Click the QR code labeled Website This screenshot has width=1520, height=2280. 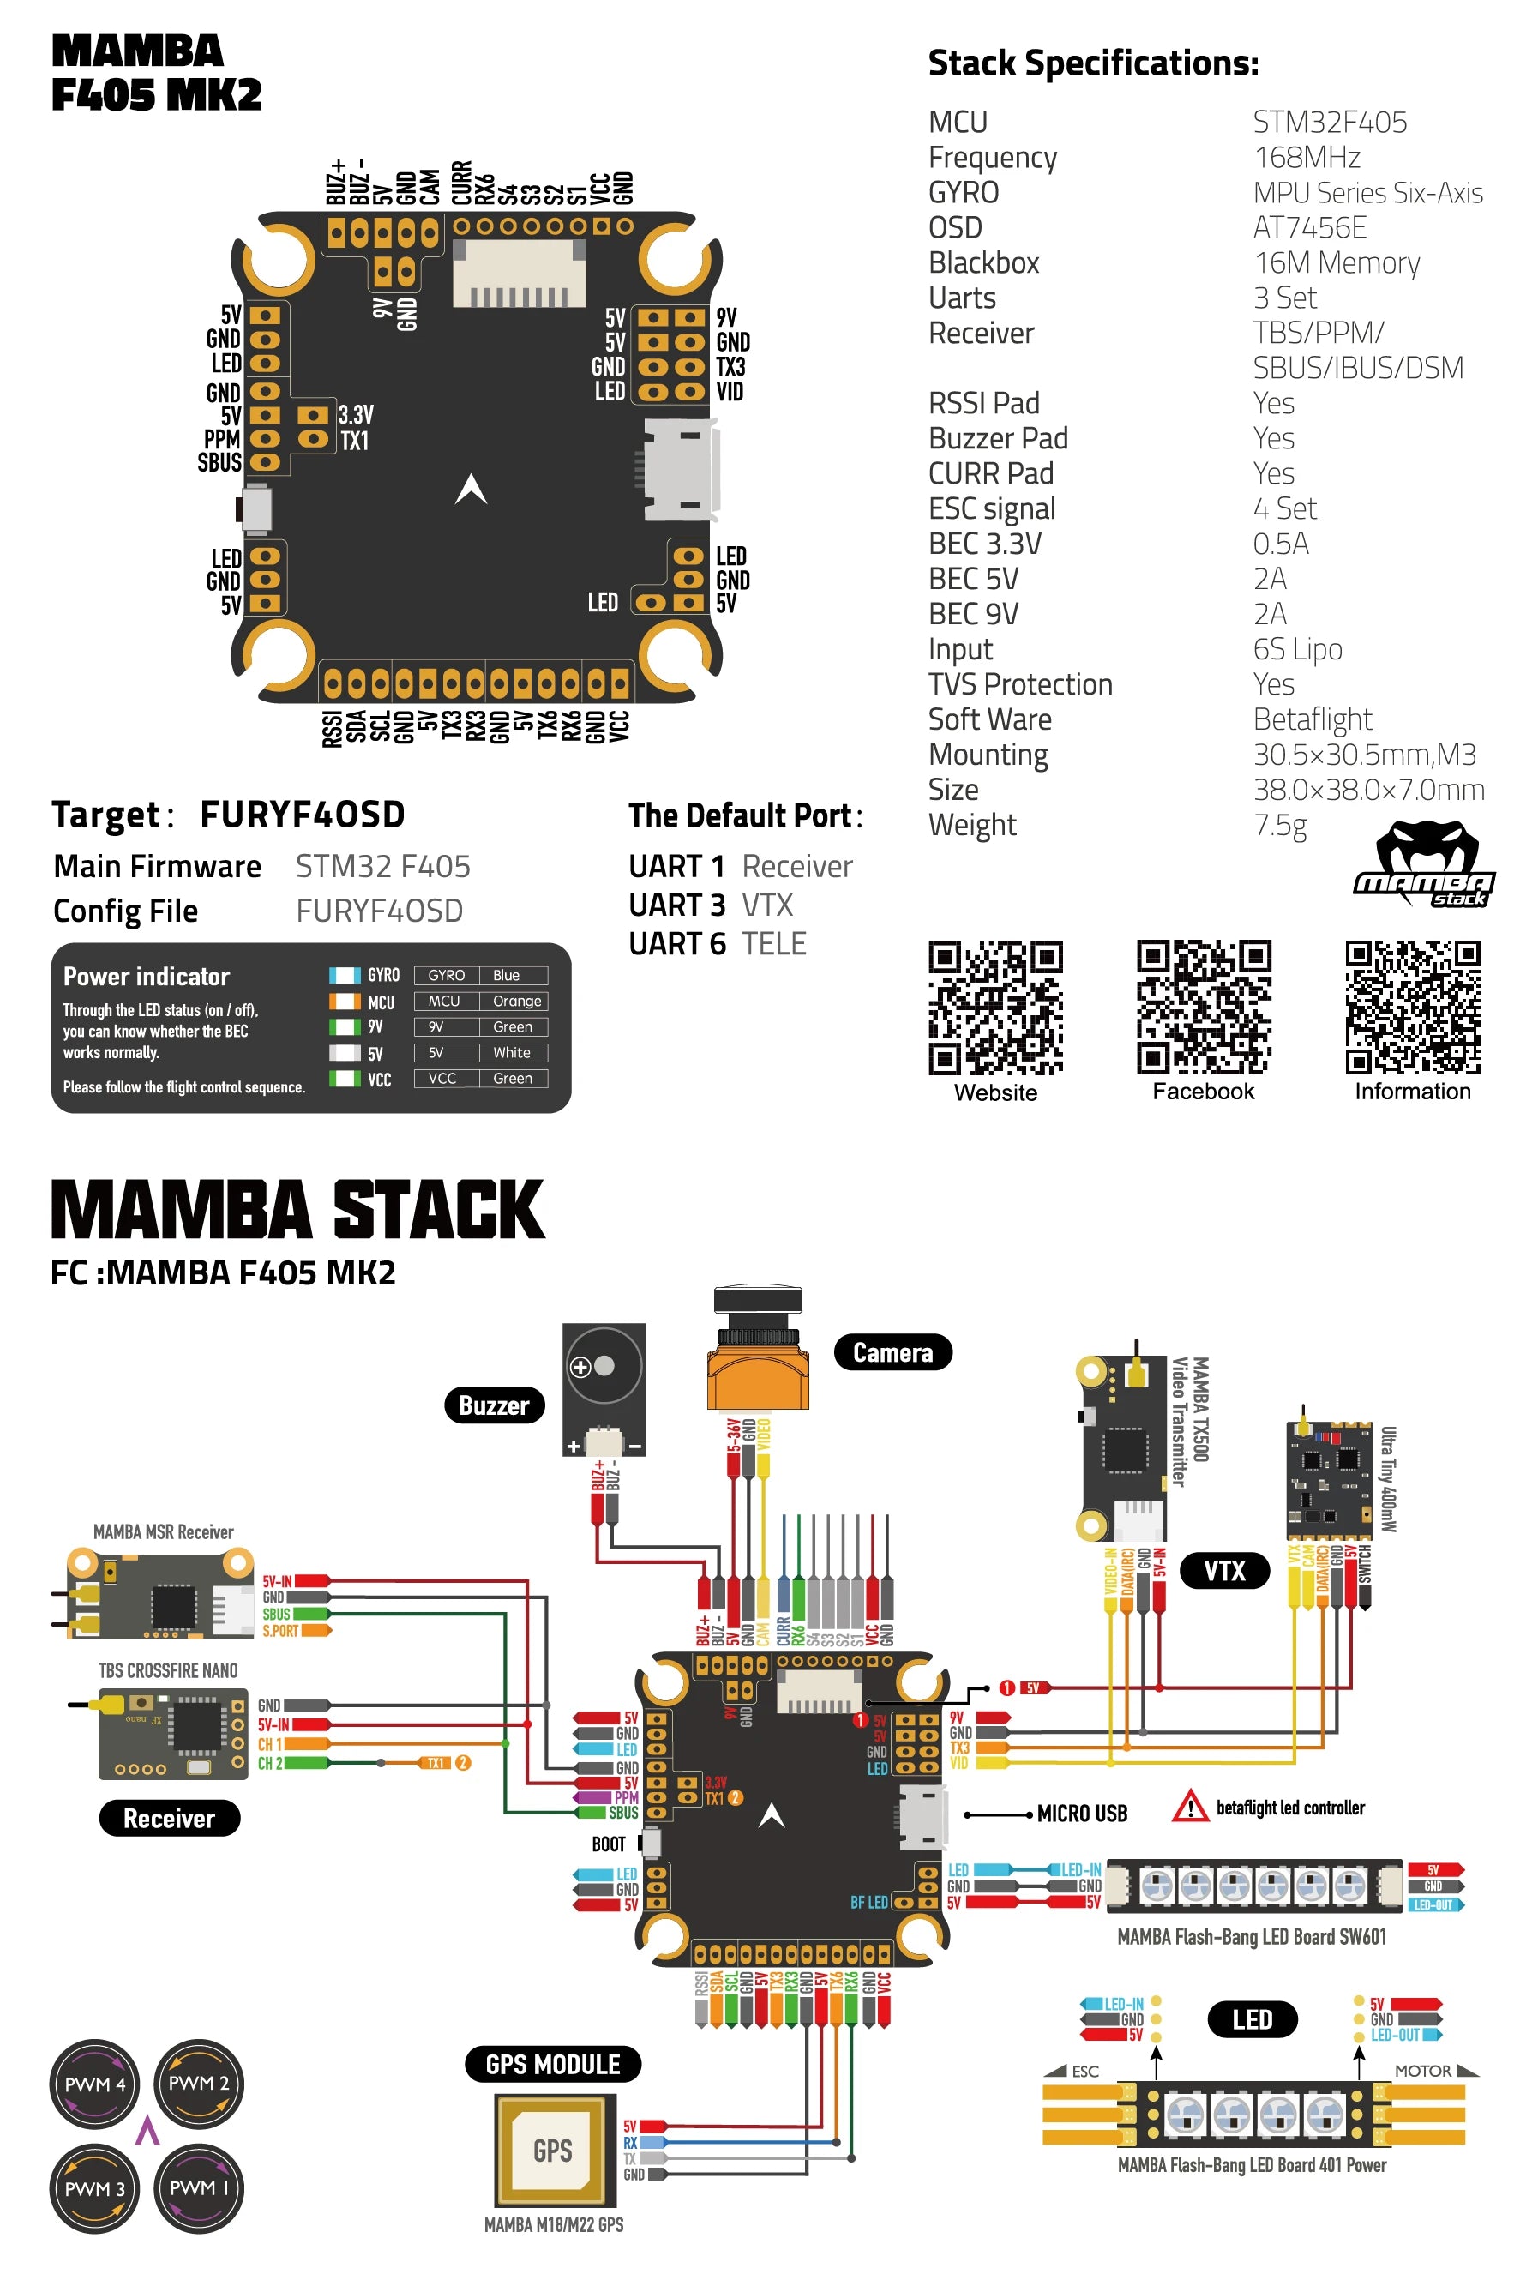[x=995, y=1008]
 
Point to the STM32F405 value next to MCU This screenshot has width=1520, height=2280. [x=1329, y=122]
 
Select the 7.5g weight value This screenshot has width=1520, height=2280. [x=1280, y=825]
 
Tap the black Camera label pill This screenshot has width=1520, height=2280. [x=892, y=1352]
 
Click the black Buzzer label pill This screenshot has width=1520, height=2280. [x=494, y=1405]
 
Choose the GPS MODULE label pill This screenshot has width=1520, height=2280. [x=553, y=2064]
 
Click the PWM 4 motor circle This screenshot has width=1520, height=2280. [x=94, y=2084]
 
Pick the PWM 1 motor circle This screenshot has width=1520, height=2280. [x=199, y=2188]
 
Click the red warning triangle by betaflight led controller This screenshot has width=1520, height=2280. [x=1189, y=1807]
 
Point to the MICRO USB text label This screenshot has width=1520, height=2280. [x=1082, y=1814]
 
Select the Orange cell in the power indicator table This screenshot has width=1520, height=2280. [x=516, y=1002]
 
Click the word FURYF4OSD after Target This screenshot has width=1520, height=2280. [x=303, y=815]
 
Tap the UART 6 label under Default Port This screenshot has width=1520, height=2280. [x=676, y=943]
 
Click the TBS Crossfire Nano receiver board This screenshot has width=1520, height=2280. [x=172, y=1735]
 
